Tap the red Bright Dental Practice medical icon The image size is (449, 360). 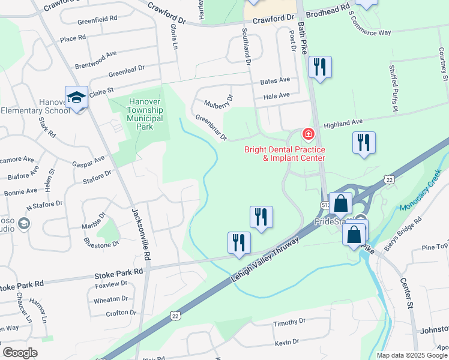(308, 134)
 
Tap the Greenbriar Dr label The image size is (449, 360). (211, 128)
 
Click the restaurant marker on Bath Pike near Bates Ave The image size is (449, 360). (320, 67)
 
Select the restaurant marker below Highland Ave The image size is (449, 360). (364, 143)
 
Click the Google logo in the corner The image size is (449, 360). (20, 353)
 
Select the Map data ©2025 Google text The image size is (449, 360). (412, 355)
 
